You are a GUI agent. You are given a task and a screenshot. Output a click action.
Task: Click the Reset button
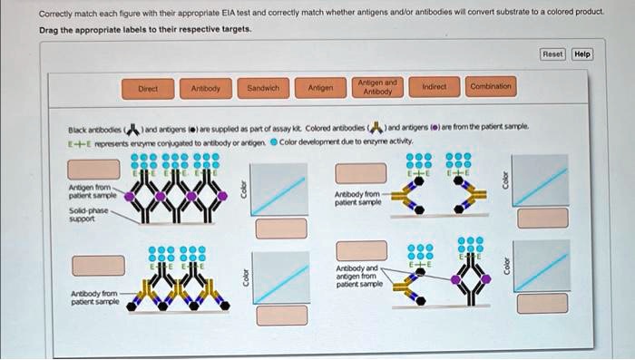point(552,54)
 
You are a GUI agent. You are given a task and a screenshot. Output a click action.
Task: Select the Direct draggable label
point(148,89)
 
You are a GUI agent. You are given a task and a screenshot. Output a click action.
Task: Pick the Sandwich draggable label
point(262,89)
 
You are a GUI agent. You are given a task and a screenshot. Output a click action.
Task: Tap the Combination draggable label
point(490,87)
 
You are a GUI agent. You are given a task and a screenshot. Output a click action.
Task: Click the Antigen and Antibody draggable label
point(377,87)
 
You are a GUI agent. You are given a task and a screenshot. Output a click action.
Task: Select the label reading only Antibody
point(206,89)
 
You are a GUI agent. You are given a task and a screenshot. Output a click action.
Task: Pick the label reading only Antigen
point(320,89)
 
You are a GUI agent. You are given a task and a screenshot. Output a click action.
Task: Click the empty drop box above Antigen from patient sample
point(93,169)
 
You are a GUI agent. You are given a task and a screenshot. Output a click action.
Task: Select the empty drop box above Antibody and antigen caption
point(361,250)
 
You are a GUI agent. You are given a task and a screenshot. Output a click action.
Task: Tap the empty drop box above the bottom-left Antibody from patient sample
point(98,265)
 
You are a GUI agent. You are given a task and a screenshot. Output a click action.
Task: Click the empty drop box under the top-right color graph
point(548,218)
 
